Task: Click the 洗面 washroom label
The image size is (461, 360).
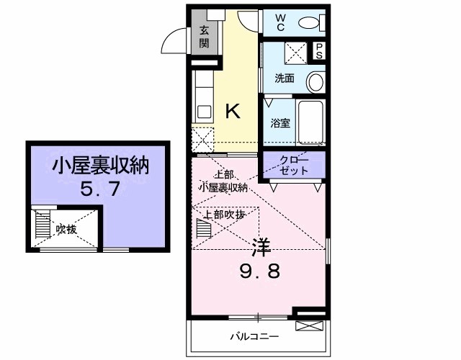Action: click(284, 78)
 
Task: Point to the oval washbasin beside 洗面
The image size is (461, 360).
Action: click(315, 81)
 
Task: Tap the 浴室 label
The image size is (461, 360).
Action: click(280, 122)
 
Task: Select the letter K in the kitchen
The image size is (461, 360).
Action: click(232, 111)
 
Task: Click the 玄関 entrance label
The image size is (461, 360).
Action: click(204, 36)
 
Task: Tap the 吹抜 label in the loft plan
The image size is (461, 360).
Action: click(66, 229)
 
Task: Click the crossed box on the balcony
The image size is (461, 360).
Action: click(305, 326)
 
